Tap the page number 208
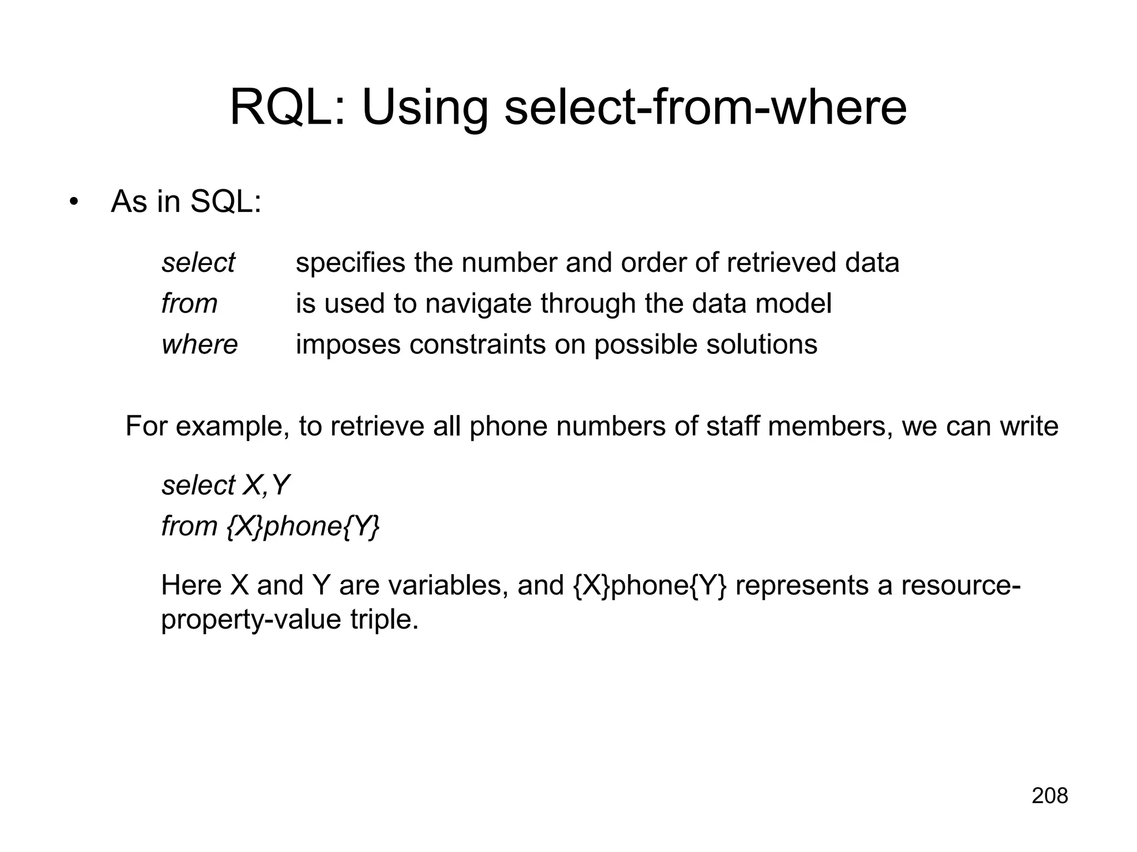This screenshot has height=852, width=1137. point(1050,796)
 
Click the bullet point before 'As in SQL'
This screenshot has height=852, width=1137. point(73,202)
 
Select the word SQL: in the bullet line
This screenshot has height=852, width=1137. point(225,201)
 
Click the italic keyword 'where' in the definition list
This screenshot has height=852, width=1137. point(199,344)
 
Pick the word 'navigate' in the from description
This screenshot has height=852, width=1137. point(477,304)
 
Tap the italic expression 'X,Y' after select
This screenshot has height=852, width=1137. point(266,485)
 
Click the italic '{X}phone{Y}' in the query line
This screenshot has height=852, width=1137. point(304,526)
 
